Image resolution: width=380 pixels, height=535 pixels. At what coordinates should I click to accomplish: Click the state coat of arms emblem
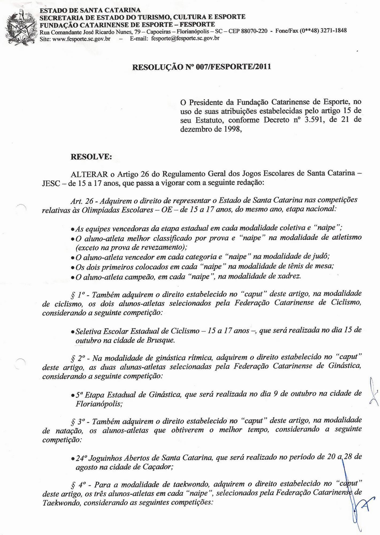coord(21,28)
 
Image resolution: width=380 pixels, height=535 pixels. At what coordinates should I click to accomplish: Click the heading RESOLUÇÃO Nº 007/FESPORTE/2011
coord(201,67)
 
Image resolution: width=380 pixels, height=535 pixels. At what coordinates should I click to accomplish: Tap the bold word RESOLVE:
coord(91,157)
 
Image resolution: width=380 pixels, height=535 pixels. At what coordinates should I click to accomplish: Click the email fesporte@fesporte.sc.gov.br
coord(185,38)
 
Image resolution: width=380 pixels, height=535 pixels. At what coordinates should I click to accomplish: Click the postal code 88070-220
coord(254,31)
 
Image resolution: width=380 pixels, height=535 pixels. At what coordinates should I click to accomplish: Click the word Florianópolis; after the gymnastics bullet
coord(99,404)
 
